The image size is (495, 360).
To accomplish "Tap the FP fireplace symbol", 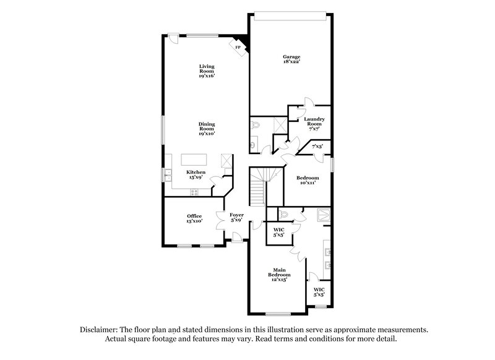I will tap(238, 46).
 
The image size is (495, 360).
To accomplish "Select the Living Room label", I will tap(206, 71).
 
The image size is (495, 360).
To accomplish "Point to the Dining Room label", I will tap(206, 128).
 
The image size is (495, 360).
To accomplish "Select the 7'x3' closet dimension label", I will tap(317, 147).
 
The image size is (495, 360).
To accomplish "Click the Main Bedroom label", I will tap(279, 274).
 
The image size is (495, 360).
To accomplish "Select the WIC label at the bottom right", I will tap(319, 291).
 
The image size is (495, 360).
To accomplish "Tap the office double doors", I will tap(221, 221).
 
